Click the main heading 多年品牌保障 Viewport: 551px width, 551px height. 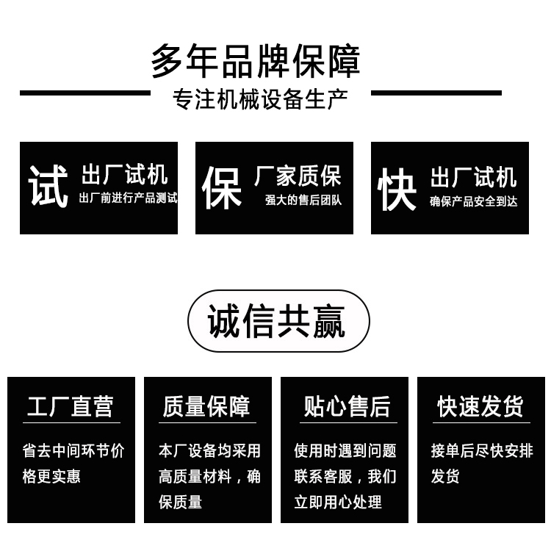pos(256,61)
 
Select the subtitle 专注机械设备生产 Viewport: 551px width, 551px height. pos(260,99)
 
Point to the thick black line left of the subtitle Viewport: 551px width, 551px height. pos(85,93)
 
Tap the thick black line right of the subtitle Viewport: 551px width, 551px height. pos(436,93)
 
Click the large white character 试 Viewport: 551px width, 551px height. pos(48,186)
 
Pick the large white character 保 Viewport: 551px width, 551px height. pos(222,187)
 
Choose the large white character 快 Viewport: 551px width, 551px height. pos(397,189)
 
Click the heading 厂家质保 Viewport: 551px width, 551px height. pos(298,176)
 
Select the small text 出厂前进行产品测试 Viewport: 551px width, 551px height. pos(129,198)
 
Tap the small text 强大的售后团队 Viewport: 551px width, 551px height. pos(303,200)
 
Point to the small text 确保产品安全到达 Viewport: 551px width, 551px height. pos(473,201)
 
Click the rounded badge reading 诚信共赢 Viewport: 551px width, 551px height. pos(278,321)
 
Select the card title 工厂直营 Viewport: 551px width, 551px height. pos(71,406)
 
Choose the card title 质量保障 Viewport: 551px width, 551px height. pos(206,406)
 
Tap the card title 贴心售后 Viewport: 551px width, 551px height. pos(347,406)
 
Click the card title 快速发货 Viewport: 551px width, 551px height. pos(480,406)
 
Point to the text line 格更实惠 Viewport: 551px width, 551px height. pos(51,477)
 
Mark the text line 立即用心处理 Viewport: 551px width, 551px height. pos(338,502)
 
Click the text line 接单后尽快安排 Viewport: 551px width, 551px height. pos(482,451)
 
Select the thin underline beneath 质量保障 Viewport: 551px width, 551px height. pos(208,422)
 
